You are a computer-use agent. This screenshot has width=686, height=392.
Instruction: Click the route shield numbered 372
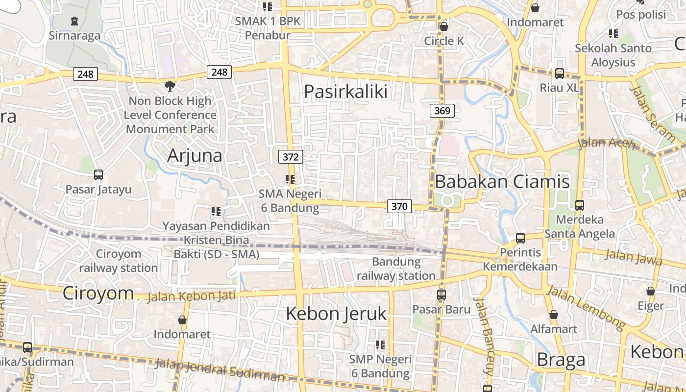pos(291,157)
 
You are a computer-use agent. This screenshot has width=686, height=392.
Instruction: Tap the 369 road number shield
pos(442,111)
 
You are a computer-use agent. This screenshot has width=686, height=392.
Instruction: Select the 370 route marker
pos(399,206)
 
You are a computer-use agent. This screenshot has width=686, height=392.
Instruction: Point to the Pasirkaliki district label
pos(345,92)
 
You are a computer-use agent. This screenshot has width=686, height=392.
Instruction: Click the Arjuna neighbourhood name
pos(195,155)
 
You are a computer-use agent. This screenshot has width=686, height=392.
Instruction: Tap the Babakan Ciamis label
pos(502,182)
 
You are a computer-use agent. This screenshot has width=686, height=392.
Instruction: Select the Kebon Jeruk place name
pos(336,314)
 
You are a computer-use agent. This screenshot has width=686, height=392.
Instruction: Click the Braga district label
pos(561,360)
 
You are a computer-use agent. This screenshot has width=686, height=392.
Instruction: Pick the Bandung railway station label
pos(396,269)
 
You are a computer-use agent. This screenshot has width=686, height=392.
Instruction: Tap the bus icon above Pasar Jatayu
pos(98,175)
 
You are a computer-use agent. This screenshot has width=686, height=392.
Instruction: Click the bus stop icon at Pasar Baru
pos(441,295)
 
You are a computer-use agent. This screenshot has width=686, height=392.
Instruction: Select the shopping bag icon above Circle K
pos(444,26)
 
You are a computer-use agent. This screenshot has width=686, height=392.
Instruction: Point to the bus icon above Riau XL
pos(559,73)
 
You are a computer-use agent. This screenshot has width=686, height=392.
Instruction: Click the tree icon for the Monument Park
pos(170,86)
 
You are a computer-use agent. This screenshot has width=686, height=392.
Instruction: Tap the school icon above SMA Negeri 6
pos(290,179)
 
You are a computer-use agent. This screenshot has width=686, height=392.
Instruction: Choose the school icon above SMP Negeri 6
pos(380,345)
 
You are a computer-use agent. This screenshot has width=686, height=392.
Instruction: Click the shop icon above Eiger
pos(651,291)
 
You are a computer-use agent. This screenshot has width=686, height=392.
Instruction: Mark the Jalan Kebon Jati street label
pos(192,296)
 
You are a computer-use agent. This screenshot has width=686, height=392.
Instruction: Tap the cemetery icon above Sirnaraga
pos(74,21)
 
